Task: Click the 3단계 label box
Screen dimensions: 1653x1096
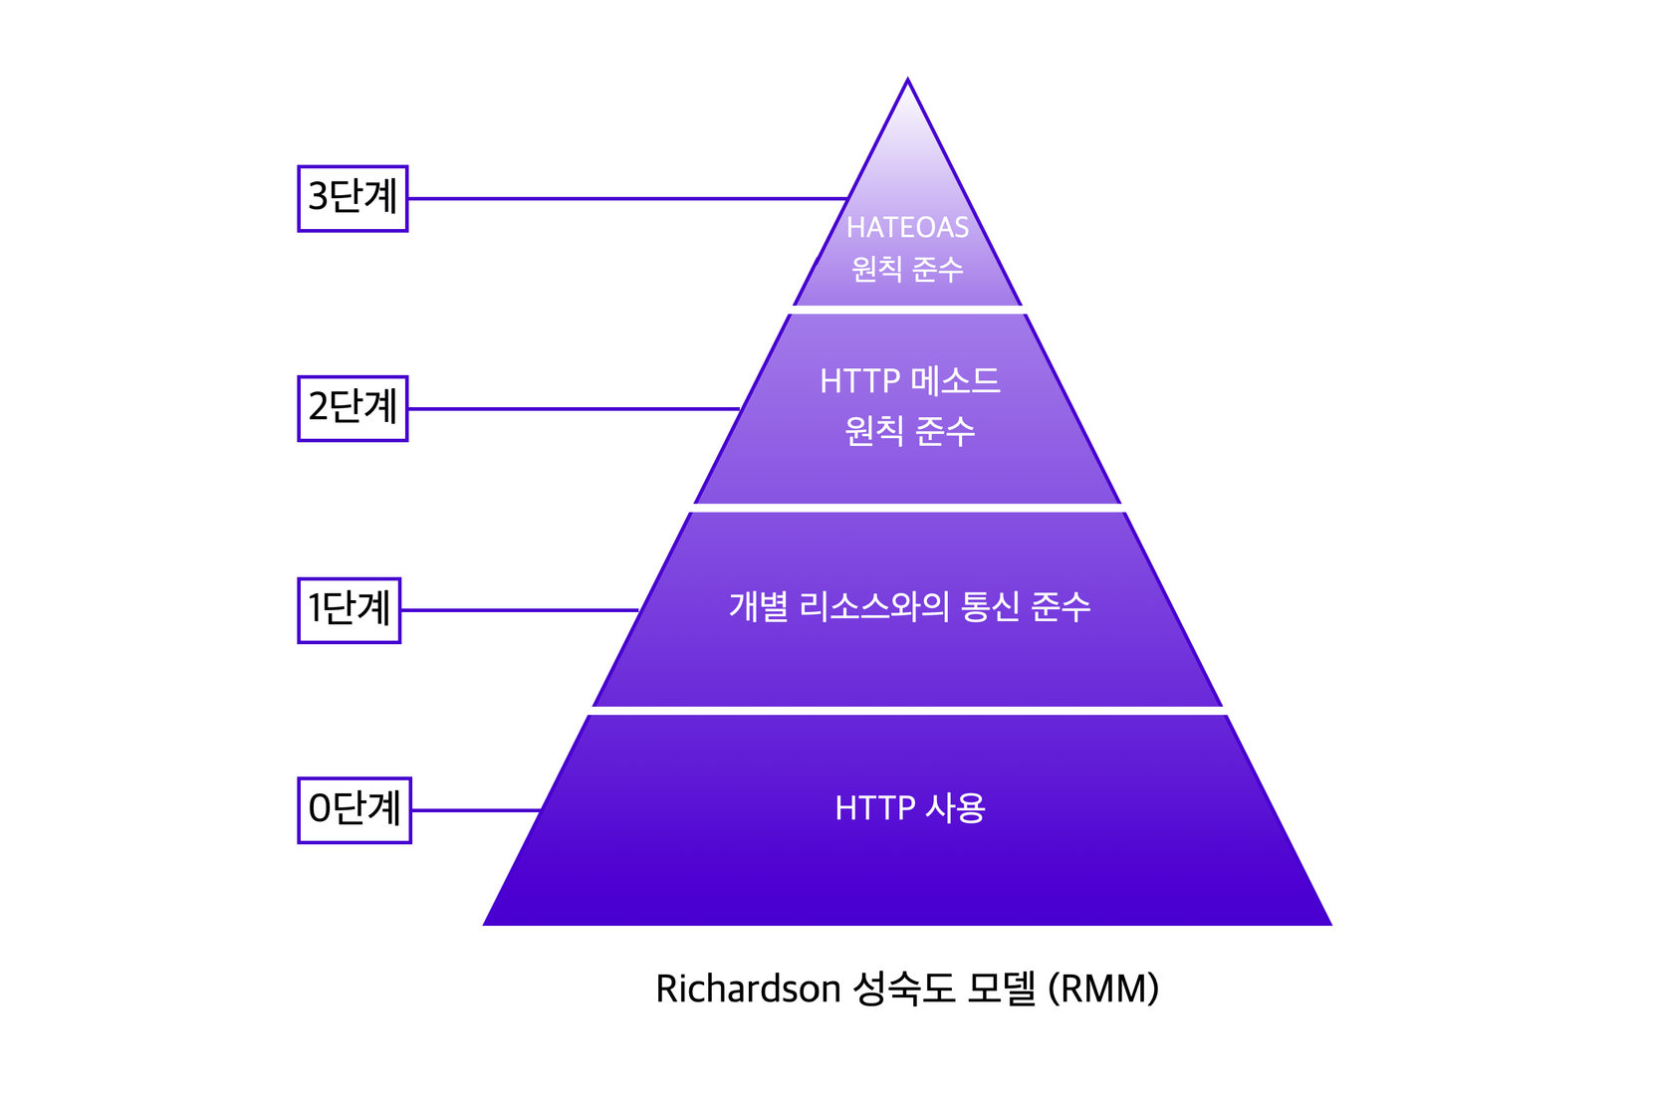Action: click(x=353, y=198)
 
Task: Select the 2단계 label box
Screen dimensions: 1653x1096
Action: click(x=353, y=408)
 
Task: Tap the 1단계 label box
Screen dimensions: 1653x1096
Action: click(x=349, y=610)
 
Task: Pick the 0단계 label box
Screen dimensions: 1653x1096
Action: click(x=354, y=810)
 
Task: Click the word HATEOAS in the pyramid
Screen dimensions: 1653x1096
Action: click(x=907, y=228)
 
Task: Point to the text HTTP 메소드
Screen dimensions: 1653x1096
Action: click(x=909, y=381)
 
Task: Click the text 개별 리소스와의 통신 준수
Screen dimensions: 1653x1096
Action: click(x=909, y=606)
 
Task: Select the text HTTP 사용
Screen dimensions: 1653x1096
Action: click(x=909, y=808)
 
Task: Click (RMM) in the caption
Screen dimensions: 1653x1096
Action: click(x=1103, y=989)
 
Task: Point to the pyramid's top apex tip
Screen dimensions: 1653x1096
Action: click(x=907, y=82)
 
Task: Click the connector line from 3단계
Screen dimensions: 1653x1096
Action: click(x=627, y=198)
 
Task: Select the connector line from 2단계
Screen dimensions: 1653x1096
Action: click(x=573, y=408)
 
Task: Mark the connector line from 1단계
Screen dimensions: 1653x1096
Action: click(x=519, y=610)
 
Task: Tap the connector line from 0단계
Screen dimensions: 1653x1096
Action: click(x=475, y=810)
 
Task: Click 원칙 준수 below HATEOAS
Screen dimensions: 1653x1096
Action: click(x=907, y=269)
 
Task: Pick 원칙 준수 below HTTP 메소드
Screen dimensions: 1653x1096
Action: click(x=909, y=431)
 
